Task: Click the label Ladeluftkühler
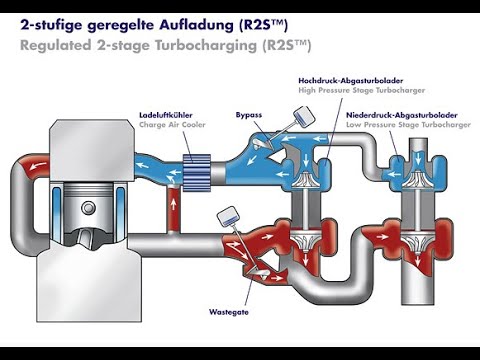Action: tap(166, 115)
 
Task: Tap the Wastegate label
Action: tap(229, 312)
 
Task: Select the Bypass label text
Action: tap(249, 115)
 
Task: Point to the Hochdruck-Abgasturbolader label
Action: tap(351, 81)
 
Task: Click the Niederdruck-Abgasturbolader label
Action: tap(402, 115)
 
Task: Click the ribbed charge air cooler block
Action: tap(197, 173)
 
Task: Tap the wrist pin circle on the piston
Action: tap(88, 208)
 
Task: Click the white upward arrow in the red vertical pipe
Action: tap(173, 204)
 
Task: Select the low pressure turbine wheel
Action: tap(418, 240)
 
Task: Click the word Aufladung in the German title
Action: tap(197, 25)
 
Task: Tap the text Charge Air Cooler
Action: tap(172, 125)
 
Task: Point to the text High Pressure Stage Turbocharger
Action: tap(362, 90)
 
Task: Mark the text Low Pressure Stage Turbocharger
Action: tap(408, 125)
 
